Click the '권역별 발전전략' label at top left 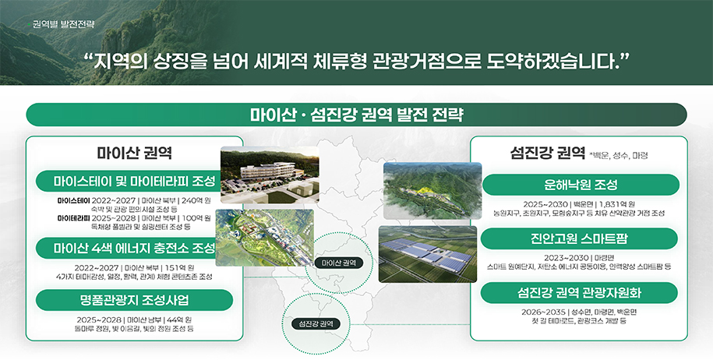(64, 23)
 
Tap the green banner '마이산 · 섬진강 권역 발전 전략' (356, 115)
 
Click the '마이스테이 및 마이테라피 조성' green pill (134, 182)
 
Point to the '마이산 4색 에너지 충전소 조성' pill (134, 249)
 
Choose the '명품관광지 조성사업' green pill (134, 300)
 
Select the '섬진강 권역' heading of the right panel (548, 152)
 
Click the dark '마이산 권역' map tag (338, 263)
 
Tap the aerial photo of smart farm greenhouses (427, 254)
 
